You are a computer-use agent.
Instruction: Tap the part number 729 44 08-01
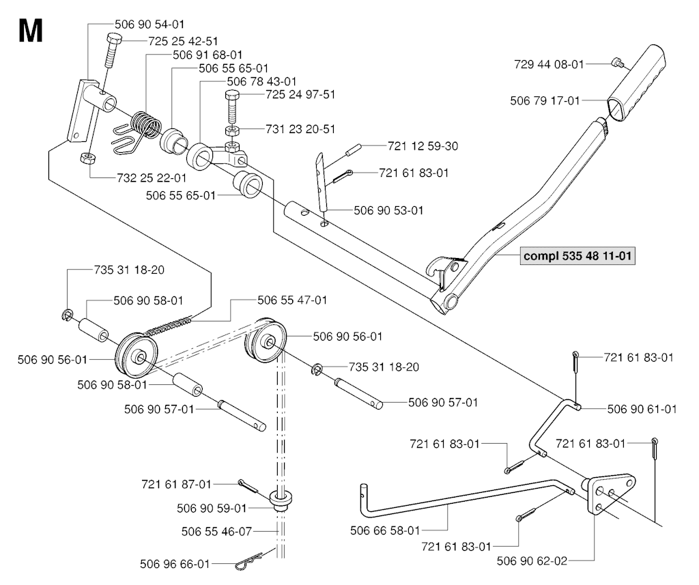coord(548,64)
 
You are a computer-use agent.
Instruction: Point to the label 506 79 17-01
coord(545,101)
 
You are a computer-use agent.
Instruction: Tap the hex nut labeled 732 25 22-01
coord(86,159)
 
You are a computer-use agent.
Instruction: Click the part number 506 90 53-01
coord(388,210)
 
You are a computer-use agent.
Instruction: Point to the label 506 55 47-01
coord(292,300)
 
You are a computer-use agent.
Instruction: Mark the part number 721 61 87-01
coord(175,485)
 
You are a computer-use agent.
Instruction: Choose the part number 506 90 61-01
coord(642,409)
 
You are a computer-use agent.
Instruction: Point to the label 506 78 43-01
coord(262,81)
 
